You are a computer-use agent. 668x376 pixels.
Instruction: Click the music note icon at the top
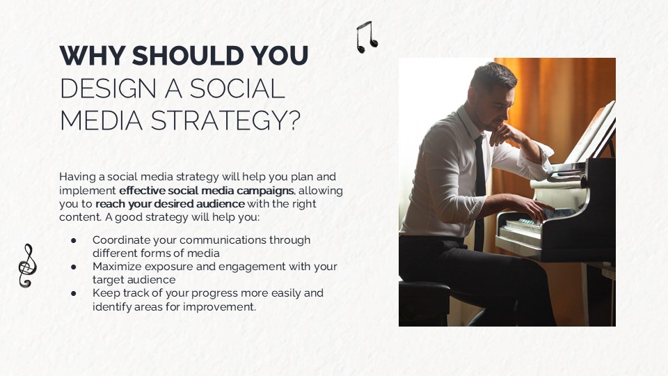pyautogui.click(x=366, y=38)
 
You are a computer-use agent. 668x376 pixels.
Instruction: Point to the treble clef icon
pyautogui.click(x=26, y=265)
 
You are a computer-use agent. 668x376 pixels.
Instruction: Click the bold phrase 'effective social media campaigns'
pyautogui.click(x=207, y=190)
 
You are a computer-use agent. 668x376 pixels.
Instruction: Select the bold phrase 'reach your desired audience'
pyautogui.click(x=170, y=204)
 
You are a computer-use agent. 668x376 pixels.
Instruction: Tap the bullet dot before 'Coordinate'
pyautogui.click(x=74, y=240)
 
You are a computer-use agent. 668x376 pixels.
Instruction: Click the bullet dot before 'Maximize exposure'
pyautogui.click(x=74, y=267)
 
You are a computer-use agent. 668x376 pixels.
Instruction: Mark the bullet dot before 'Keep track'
pyautogui.click(x=74, y=293)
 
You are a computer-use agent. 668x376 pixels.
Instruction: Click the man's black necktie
pyautogui.click(x=479, y=188)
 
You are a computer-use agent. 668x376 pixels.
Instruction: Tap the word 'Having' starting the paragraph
pyautogui.click(x=78, y=177)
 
